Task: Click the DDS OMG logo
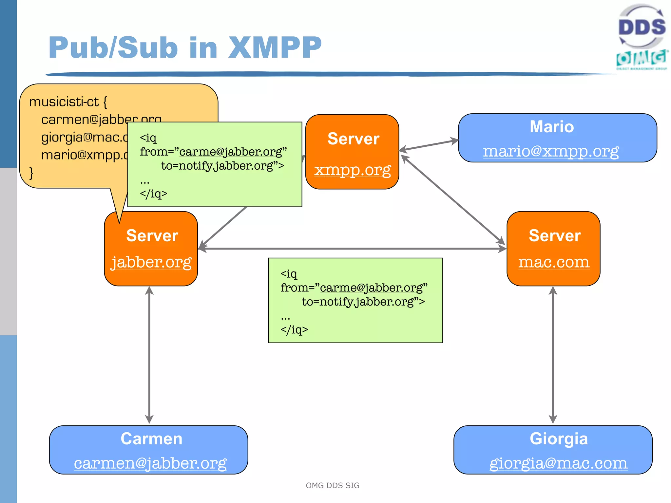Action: coord(642,37)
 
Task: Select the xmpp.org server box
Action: coord(352,152)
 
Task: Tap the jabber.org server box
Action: coord(151,249)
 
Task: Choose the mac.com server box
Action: coord(553,249)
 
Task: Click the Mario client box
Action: coord(557,138)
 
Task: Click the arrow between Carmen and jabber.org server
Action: coord(149,355)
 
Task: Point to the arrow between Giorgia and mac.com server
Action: coord(553,355)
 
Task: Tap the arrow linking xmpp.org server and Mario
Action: coord(429,145)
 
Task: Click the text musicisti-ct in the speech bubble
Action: coord(64,102)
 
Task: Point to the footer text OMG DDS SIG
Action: coord(333,485)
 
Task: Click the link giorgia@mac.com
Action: coord(558,463)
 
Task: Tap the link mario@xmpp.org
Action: coord(551,151)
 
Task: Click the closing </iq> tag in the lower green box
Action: coord(294,330)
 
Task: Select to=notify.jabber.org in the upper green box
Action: coord(222,166)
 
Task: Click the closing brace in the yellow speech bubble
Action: coord(31,173)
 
